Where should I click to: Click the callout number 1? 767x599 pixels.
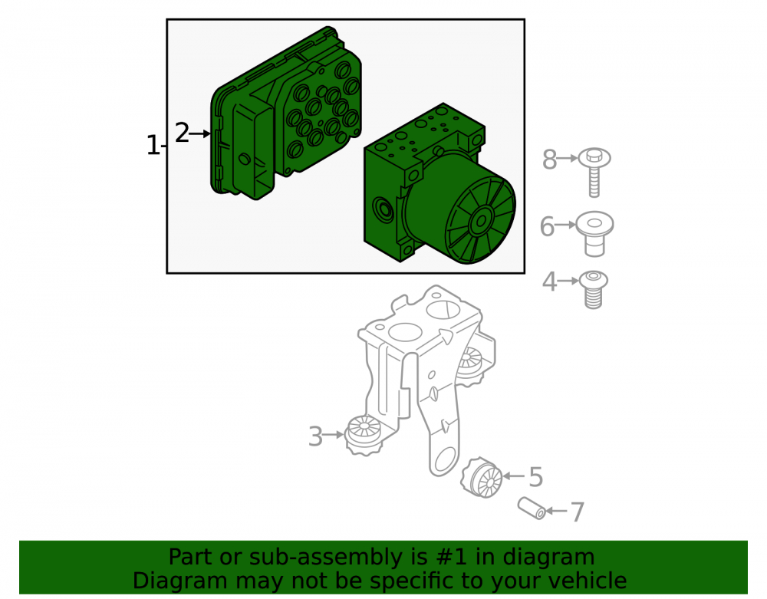(x=153, y=146)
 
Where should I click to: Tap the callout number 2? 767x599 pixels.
(x=182, y=133)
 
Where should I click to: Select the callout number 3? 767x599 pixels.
(x=315, y=436)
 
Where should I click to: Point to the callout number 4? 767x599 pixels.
(x=549, y=281)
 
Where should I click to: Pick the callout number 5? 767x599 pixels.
(x=536, y=477)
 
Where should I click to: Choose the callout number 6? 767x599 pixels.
(x=547, y=226)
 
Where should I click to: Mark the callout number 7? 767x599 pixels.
(x=578, y=512)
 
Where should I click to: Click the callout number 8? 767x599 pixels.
(x=549, y=160)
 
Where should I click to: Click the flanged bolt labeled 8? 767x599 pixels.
(x=594, y=172)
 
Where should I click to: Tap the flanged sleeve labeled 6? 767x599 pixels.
(x=594, y=234)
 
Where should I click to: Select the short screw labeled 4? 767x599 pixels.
(x=594, y=289)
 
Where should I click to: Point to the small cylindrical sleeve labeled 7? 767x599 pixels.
(x=532, y=508)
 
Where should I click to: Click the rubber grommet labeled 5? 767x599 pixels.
(x=482, y=478)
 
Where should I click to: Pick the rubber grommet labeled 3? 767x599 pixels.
(x=364, y=435)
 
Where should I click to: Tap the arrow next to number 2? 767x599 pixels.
(x=199, y=133)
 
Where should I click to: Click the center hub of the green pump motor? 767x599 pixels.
(x=481, y=222)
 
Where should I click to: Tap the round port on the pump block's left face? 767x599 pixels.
(x=383, y=211)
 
